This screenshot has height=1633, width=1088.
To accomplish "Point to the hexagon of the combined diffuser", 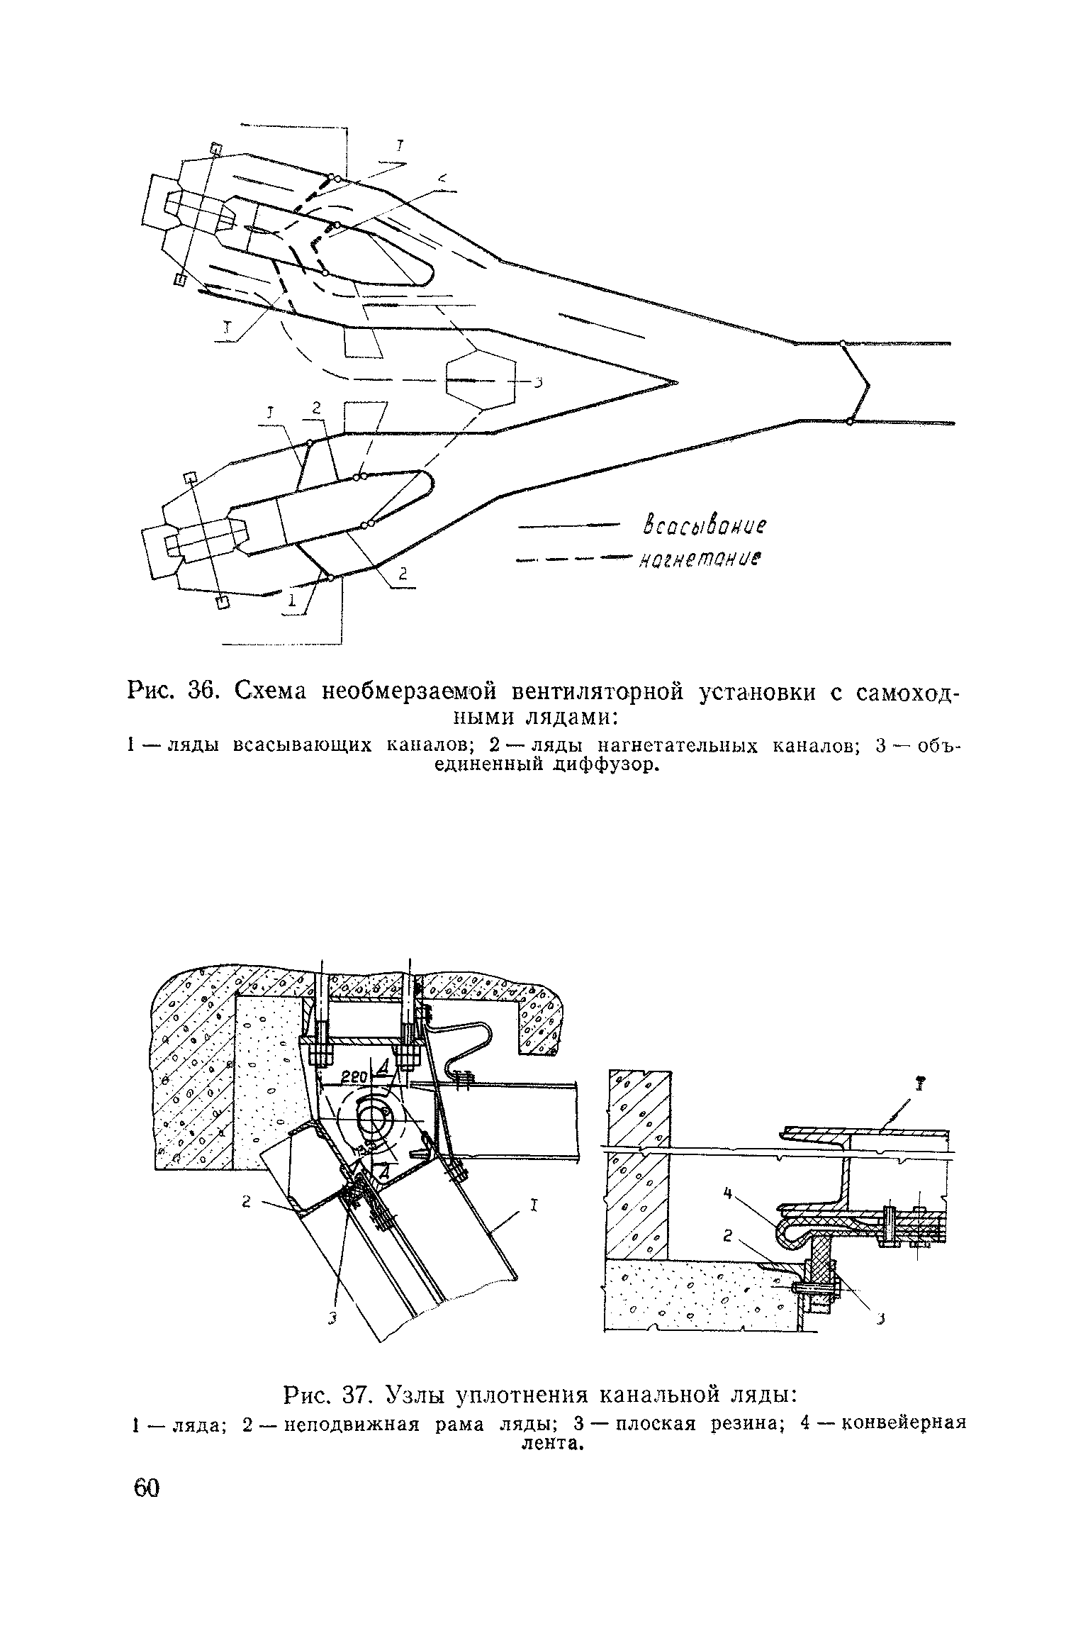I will (481, 381).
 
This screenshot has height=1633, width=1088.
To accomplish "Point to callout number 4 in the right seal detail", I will (726, 1194).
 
